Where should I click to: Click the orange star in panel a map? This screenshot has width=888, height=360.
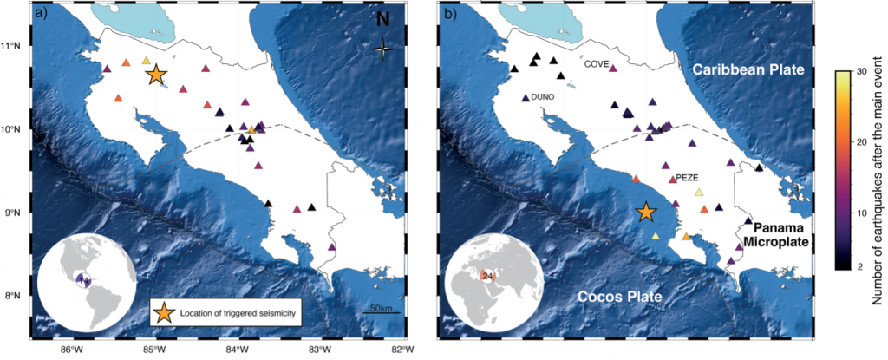(x=156, y=75)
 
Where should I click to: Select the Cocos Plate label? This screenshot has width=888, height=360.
(x=618, y=298)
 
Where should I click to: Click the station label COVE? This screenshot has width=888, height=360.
(x=596, y=65)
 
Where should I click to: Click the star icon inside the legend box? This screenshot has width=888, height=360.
(x=162, y=312)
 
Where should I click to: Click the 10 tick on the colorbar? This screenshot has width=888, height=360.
(x=863, y=213)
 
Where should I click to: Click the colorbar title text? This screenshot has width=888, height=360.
(x=879, y=171)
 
